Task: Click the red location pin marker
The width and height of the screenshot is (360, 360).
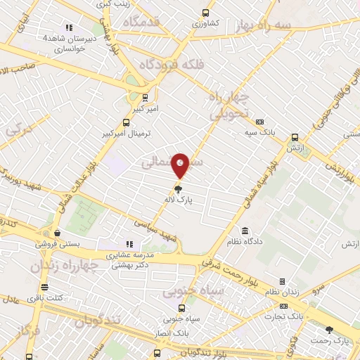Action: point(181,165)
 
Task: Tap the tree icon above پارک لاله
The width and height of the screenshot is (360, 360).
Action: point(179,188)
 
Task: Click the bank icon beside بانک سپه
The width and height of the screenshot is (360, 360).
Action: point(259,122)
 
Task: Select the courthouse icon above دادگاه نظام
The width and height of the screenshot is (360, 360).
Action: point(245,231)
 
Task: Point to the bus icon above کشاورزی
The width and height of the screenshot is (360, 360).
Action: point(205,13)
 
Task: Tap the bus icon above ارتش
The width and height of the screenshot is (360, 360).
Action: point(294,138)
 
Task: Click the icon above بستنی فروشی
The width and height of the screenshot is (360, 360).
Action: point(56,233)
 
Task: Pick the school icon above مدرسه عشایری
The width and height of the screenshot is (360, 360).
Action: point(129,245)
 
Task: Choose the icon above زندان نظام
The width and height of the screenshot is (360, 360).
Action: point(282,281)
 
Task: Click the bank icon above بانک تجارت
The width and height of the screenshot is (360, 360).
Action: point(284,307)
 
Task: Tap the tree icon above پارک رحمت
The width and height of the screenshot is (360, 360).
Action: point(330,330)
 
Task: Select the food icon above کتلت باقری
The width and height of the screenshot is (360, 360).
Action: point(45,287)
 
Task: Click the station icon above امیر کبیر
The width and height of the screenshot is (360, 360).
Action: point(145,98)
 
